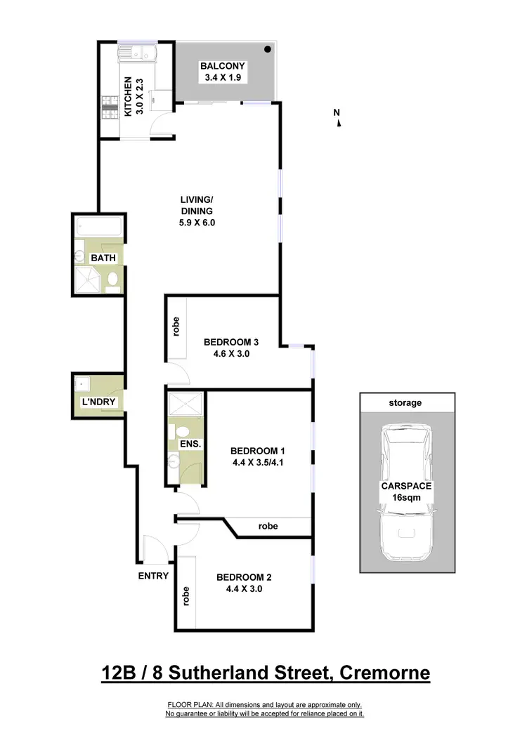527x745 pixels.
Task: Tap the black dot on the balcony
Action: [268, 49]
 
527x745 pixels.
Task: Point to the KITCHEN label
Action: [128, 96]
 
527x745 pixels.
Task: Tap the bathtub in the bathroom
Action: [99, 228]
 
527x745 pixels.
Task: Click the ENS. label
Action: [190, 445]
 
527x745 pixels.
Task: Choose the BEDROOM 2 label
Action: [244, 578]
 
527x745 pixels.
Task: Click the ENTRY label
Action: [154, 576]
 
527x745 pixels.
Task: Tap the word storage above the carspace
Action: [405, 403]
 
